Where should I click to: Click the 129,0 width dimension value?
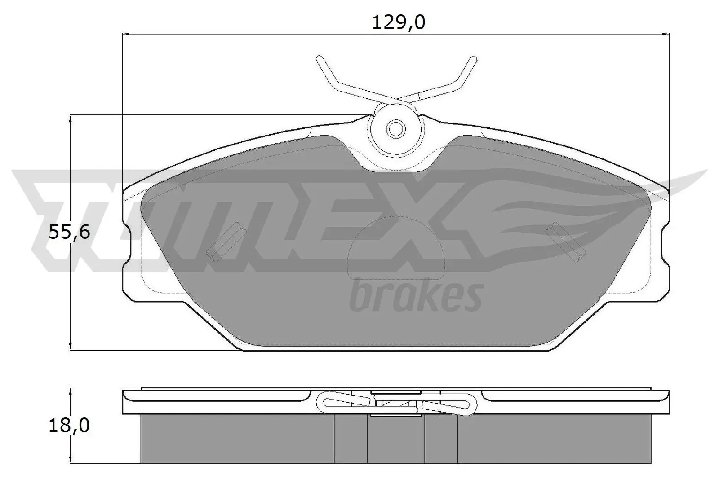click(x=398, y=22)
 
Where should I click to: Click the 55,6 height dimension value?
click(x=69, y=233)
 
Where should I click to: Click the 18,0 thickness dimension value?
click(x=69, y=425)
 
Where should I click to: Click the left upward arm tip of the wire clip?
click(x=320, y=59)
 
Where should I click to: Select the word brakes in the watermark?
click(x=416, y=295)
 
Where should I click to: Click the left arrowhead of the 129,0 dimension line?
click(x=126, y=34)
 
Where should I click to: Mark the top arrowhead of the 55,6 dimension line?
click(x=71, y=119)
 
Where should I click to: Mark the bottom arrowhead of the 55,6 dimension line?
click(x=71, y=346)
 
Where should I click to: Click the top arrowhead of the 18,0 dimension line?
click(x=71, y=391)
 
